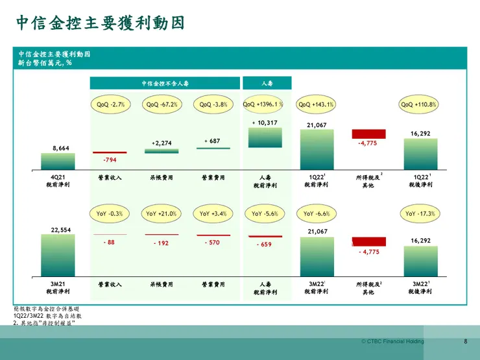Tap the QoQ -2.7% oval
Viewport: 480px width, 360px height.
tap(110, 104)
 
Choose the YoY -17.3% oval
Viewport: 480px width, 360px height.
tap(420, 213)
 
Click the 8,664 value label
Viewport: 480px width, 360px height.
tap(61, 149)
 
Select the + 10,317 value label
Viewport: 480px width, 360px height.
tap(264, 123)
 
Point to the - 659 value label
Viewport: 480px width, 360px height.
tap(264, 245)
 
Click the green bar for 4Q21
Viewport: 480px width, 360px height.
tap(61, 162)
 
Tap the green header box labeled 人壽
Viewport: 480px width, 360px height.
tap(266, 84)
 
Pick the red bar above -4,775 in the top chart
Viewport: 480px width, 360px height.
tap(368, 134)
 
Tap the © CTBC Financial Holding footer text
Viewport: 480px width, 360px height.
tap(392, 342)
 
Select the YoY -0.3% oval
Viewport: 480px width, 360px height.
tap(110, 213)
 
